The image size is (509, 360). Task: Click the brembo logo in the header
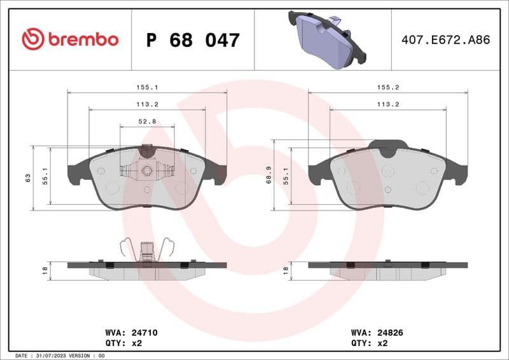point(70,39)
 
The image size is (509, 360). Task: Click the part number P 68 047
point(193,40)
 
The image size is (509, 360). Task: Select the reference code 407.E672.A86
point(446,39)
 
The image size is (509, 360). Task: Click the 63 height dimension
point(27,177)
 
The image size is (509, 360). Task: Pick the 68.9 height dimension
point(268,174)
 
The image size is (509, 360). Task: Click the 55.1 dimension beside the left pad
point(45,176)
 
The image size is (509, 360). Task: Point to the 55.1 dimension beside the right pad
point(286,176)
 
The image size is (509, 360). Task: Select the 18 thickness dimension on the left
point(45,270)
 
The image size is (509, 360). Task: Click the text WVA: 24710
point(131,332)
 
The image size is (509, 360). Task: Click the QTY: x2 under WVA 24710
point(122,343)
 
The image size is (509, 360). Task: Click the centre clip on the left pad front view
point(147,170)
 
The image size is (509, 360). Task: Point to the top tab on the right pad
point(388,147)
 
